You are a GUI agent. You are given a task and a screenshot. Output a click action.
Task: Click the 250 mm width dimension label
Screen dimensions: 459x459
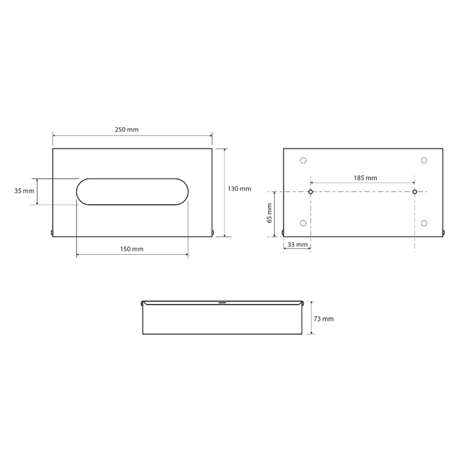(127, 129)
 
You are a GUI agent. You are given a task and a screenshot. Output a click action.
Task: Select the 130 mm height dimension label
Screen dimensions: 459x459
(239, 189)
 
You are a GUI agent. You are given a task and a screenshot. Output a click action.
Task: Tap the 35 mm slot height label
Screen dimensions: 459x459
(24, 191)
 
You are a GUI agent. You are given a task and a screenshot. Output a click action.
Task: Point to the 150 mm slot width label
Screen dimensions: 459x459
(132, 249)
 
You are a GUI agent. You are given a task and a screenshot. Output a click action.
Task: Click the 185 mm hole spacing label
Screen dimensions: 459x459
(365, 178)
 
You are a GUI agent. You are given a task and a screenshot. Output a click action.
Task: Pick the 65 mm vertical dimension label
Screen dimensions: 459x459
(269, 213)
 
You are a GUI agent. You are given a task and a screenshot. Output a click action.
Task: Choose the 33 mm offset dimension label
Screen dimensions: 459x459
(297, 245)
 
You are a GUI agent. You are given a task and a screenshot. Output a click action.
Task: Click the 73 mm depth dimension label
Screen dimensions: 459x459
(324, 319)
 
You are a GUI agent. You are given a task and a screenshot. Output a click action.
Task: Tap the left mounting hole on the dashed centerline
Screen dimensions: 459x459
(311, 192)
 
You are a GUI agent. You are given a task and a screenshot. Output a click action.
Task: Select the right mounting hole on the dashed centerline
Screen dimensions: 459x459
(414, 192)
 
